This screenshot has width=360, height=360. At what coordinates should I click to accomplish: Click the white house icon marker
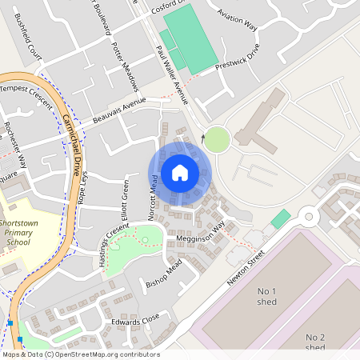tap(180, 173)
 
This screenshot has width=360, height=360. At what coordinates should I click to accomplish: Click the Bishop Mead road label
tap(165, 274)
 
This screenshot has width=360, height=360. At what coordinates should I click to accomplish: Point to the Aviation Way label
tap(238, 20)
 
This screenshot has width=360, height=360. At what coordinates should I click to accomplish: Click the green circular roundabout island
tap(217, 139)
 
